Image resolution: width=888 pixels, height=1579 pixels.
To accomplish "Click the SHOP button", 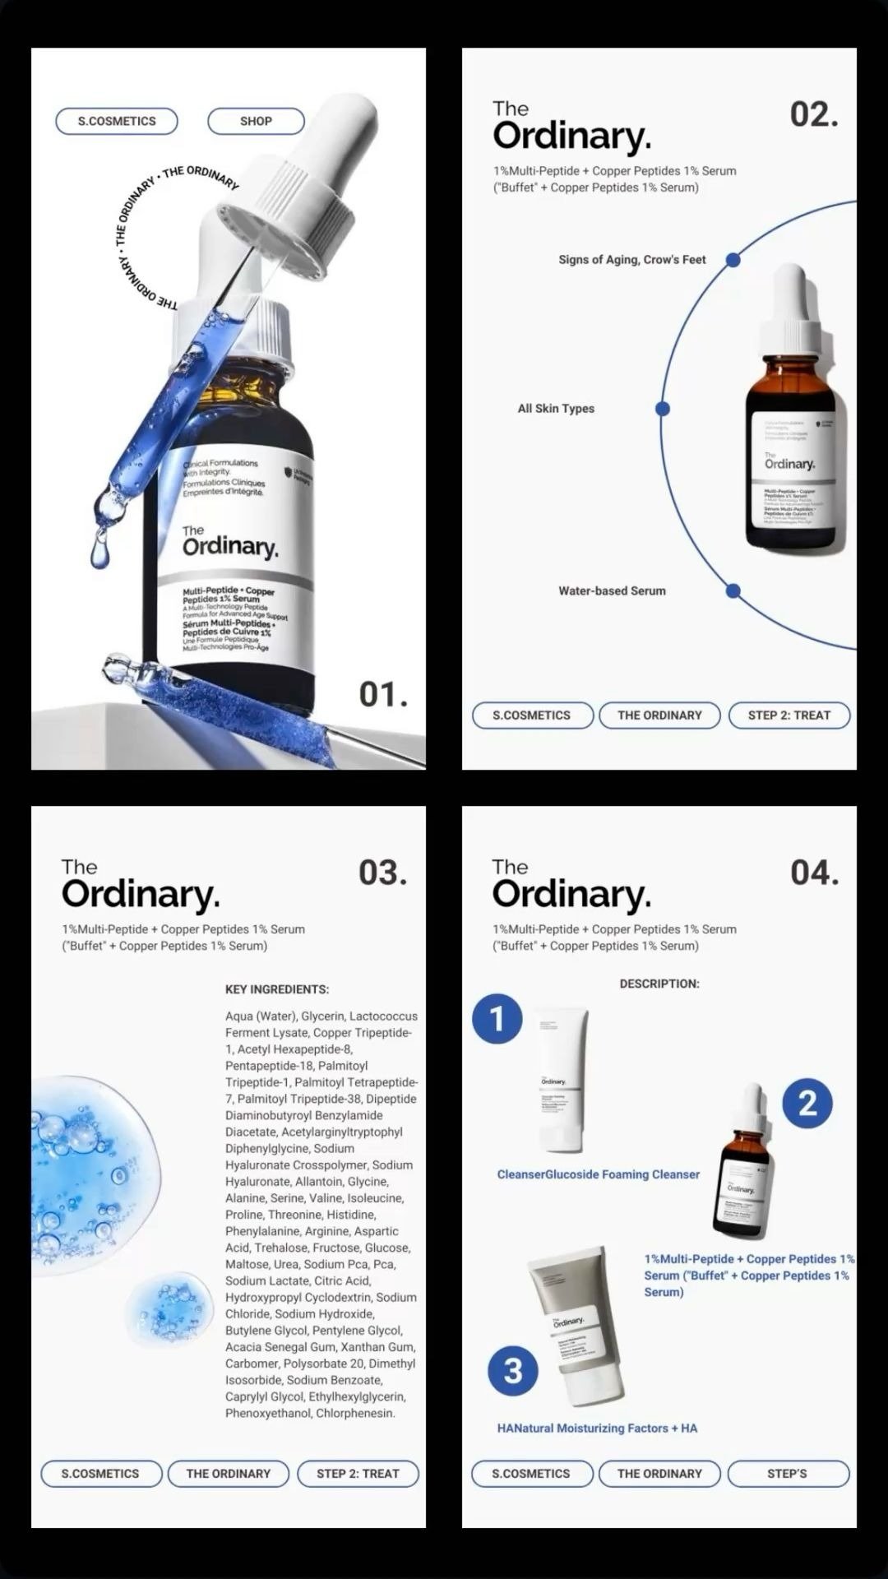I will click(256, 121).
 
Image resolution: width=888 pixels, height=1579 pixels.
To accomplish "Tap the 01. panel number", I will click(383, 695).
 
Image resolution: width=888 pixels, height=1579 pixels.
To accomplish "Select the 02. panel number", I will click(814, 114).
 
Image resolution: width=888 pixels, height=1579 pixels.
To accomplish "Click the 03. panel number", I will click(382, 873).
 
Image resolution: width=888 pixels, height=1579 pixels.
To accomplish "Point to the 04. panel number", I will click(814, 873).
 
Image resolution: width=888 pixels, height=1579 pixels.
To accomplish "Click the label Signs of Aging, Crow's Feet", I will click(631, 260).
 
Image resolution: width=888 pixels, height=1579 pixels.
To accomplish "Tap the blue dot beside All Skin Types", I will click(663, 409).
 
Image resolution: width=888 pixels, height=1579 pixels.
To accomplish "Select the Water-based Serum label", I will click(612, 590).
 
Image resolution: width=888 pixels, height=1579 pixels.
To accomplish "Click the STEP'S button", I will click(787, 1474).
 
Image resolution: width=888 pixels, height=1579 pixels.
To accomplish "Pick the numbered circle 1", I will click(497, 1019).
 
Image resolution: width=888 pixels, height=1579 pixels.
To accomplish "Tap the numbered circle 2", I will click(807, 1104).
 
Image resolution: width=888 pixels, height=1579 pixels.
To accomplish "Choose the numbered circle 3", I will click(513, 1371).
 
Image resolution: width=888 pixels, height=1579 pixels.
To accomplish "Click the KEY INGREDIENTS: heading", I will click(277, 989).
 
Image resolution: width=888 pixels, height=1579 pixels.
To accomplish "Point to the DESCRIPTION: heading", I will click(659, 984).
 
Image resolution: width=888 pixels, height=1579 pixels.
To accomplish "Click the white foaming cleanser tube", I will click(562, 1079).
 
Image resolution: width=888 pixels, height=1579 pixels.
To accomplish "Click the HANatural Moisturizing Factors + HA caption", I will click(597, 1429).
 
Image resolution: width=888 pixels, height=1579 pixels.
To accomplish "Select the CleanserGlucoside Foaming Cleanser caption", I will click(598, 1174).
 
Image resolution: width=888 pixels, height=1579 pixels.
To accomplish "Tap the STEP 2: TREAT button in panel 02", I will click(789, 715).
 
